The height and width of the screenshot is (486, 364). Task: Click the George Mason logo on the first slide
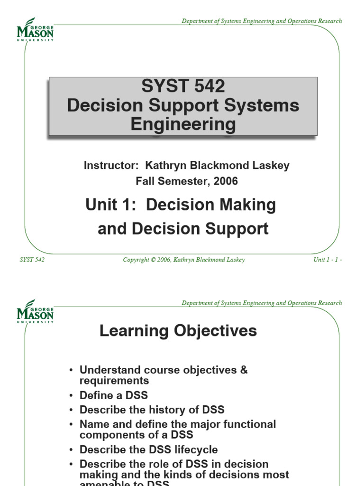pyautogui.click(x=35, y=29)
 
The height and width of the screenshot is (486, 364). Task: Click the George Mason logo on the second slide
pyautogui.click(x=35, y=311)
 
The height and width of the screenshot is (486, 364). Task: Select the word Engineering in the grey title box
pyautogui.click(x=183, y=124)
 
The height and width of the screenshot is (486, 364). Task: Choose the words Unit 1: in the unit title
pyautogui.click(x=111, y=205)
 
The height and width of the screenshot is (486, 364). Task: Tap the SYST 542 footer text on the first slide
pyautogui.click(x=32, y=260)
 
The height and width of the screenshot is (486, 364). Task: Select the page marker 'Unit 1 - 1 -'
pyautogui.click(x=328, y=260)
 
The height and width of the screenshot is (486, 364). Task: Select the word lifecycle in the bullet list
pyautogui.click(x=194, y=449)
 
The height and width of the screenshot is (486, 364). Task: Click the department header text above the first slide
pyautogui.click(x=262, y=21)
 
